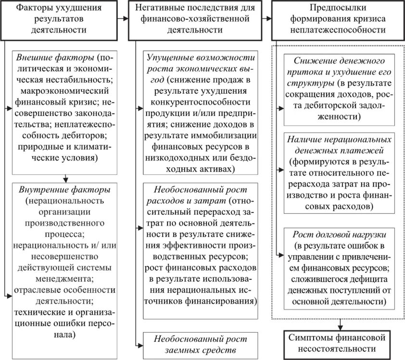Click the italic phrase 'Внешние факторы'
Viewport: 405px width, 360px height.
55,58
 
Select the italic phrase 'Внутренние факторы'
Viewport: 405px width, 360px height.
63,189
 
